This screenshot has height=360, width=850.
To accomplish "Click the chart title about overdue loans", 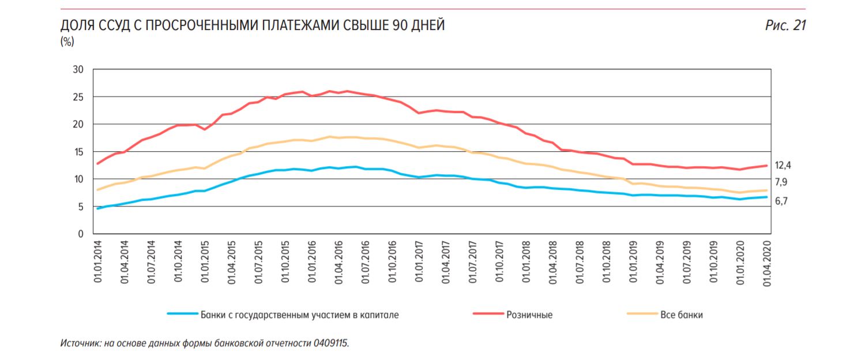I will [x=253, y=26].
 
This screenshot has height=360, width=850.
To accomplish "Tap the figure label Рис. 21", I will [x=785, y=26].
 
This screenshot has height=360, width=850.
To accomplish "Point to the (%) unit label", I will [x=67, y=42].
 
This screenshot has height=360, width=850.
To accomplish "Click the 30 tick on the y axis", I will [x=78, y=70].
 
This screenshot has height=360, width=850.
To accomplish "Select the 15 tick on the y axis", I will [x=78, y=152].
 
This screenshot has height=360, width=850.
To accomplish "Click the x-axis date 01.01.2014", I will [x=97, y=263].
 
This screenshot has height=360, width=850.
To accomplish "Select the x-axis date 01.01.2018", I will [x=526, y=263].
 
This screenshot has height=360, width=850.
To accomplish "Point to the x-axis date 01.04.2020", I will [x=768, y=263].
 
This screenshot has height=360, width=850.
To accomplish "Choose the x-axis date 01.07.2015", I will [x=258, y=263].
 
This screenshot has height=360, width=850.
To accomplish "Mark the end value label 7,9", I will [x=781, y=183].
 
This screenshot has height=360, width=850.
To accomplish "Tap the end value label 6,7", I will [x=781, y=201].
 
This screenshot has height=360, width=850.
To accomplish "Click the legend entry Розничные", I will [x=529, y=315].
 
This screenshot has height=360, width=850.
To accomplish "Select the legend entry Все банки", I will [x=681, y=315].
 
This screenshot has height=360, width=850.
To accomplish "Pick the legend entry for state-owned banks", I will [x=299, y=315].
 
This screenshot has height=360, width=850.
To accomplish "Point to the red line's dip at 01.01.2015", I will [x=205, y=129].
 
